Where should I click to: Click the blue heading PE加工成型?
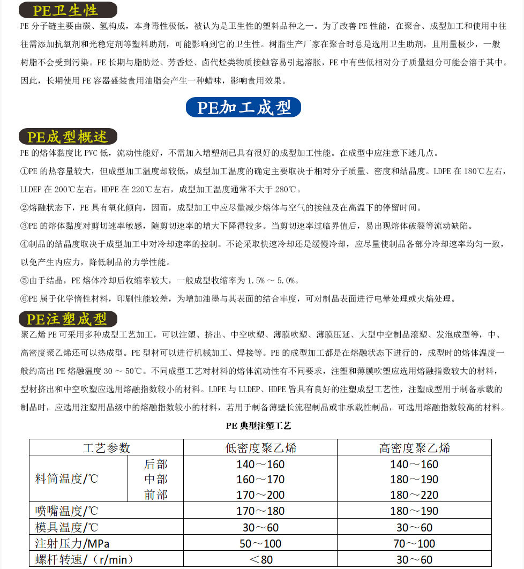(x=244, y=107)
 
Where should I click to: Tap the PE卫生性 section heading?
(x=68, y=10)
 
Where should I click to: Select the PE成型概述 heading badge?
(x=68, y=137)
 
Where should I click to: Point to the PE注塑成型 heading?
(x=68, y=319)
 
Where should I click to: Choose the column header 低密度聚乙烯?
(x=260, y=448)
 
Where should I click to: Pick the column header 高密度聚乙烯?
(x=414, y=448)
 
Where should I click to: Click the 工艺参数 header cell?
(x=106, y=448)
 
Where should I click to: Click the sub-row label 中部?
(x=155, y=479)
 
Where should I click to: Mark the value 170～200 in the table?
(x=260, y=495)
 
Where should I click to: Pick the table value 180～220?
(x=414, y=495)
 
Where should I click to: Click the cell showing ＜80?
(x=260, y=560)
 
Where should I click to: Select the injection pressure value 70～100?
(x=414, y=543)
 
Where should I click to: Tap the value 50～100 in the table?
(x=260, y=543)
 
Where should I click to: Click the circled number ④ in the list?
(x=24, y=244)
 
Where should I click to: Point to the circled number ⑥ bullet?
(x=24, y=299)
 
